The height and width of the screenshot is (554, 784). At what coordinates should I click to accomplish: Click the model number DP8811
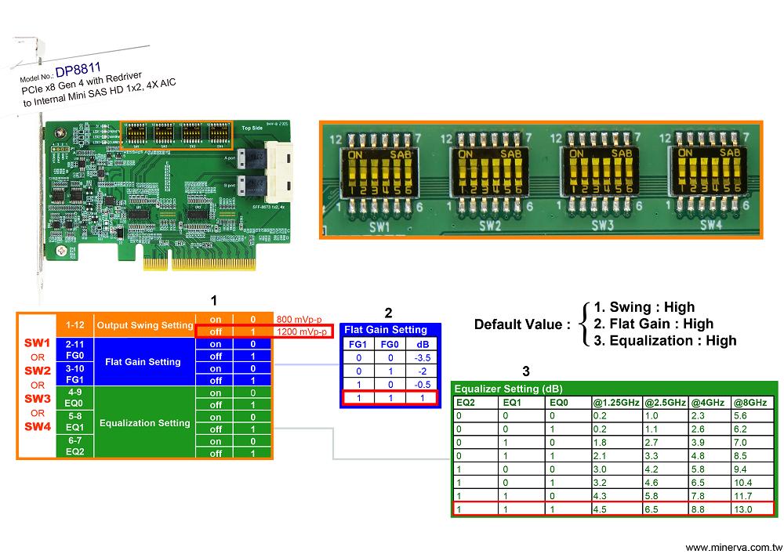click(78, 70)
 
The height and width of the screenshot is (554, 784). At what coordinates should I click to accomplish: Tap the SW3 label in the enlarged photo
click(602, 226)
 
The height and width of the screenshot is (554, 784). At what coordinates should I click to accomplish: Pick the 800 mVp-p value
click(299, 320)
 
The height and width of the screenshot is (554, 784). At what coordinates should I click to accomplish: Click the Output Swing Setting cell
click(144, 325)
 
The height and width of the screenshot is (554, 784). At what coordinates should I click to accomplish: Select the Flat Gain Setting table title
click(386, 330)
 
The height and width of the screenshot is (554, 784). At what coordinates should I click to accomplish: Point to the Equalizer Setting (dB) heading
click(497, 389)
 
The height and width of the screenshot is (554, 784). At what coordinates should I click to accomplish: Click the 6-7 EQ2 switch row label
click(75, 447)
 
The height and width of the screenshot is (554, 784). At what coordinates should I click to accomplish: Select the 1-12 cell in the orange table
click(75, 324)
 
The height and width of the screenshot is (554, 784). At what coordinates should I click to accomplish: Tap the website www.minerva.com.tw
click(734, 547)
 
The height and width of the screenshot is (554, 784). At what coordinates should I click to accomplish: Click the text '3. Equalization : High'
click(665, 341)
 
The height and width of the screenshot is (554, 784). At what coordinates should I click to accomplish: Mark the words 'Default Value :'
click(522, 324)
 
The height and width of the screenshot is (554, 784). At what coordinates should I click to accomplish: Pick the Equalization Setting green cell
click(144, 423)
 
